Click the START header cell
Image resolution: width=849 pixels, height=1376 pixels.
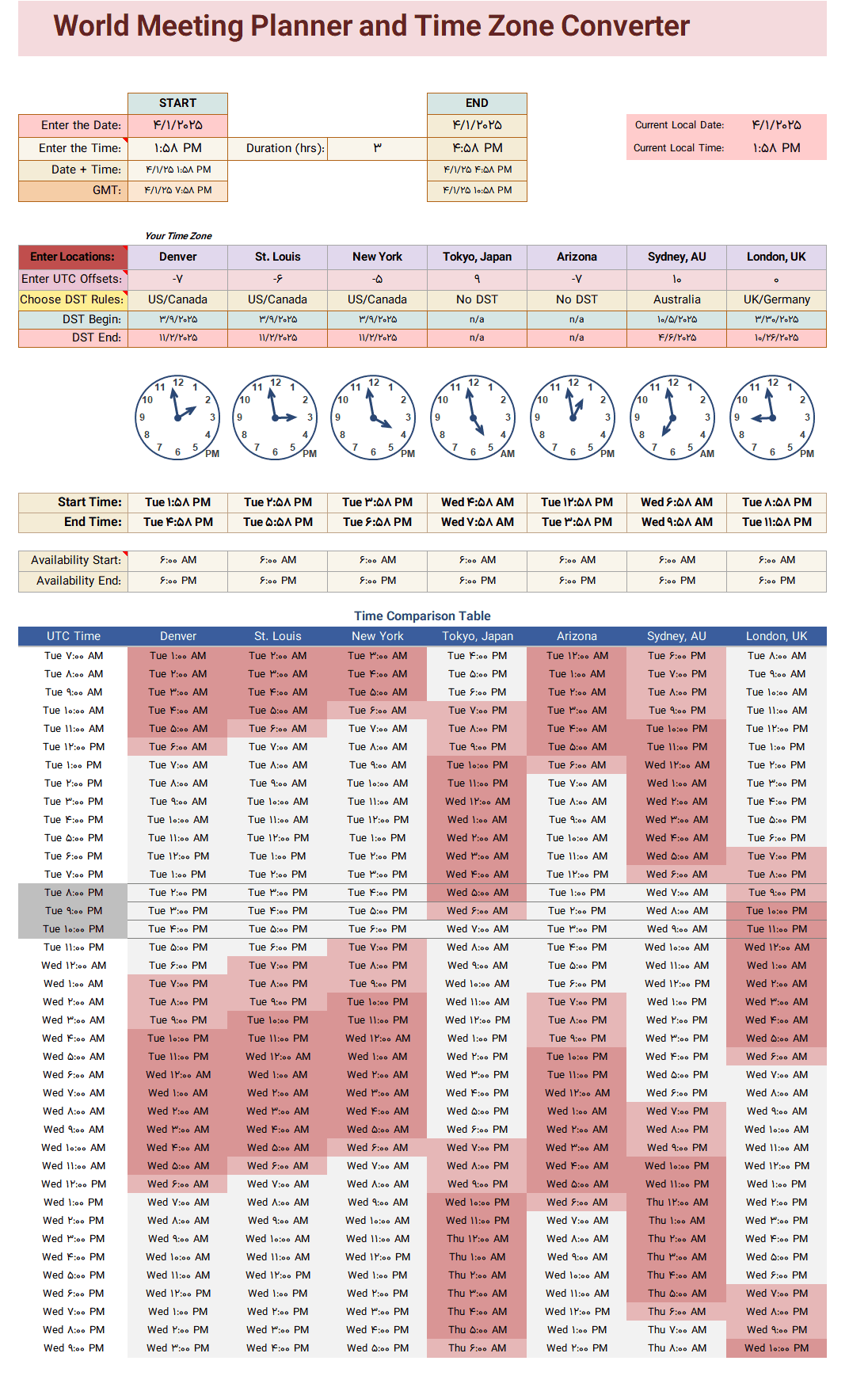(x=177, y=103)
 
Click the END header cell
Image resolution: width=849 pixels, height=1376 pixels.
(x=477, y=103)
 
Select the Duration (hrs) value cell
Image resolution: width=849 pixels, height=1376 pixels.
(x=377, y=148)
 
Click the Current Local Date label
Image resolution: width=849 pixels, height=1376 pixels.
(x=680, y=125)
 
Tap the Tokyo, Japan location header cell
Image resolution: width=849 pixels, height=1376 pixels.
(x=477, y=257)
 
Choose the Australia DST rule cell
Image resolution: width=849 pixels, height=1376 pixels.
(x=676, y=299)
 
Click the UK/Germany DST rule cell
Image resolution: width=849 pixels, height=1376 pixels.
(x=776, y=299)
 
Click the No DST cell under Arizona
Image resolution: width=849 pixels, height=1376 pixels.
(x=577, y=299)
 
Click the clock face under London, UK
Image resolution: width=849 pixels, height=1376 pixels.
(x=772, y=417)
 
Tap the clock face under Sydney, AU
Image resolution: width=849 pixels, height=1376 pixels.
(x=672, y=417)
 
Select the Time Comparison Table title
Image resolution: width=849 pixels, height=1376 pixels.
(x=422, y=616)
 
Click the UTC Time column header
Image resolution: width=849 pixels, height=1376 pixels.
(x=74, y=636)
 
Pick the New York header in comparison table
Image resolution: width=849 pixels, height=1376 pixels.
(x=377, y=636)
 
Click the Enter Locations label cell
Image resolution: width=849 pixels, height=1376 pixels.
(x=73, y=257)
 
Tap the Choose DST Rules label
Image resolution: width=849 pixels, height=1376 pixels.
(x=73, y=299)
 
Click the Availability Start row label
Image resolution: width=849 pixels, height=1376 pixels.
(x=76, y=560)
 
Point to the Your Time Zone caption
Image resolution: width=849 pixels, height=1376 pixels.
(x=178, y=236)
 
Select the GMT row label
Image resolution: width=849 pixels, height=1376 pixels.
(x=107, y=190)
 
